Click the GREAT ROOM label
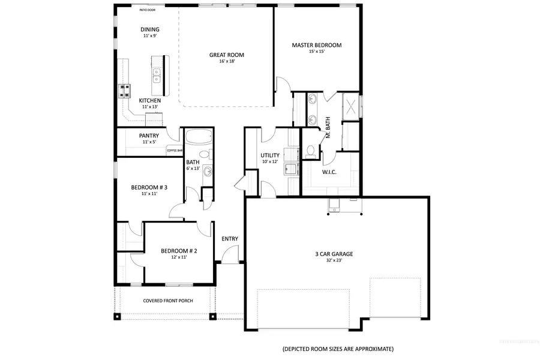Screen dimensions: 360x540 pos(227,55)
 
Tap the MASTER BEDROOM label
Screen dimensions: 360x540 pos(316,45)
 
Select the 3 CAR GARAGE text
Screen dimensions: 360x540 pos(334,254)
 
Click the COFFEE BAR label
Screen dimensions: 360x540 pos(175,150)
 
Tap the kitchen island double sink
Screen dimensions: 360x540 pos(157,75)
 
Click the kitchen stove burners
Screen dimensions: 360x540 pos(125,91)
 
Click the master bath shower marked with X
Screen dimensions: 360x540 pos(350,107)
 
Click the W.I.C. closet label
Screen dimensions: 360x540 pos(329,172)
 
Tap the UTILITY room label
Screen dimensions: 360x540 pos(270,155)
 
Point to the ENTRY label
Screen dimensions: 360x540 pos(230,239)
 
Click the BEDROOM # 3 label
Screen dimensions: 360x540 pos(149,187)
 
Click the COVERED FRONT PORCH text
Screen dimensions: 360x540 pos(167,301)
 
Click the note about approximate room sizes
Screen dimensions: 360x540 pos(338,349)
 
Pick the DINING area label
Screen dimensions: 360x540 pos(151,29)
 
